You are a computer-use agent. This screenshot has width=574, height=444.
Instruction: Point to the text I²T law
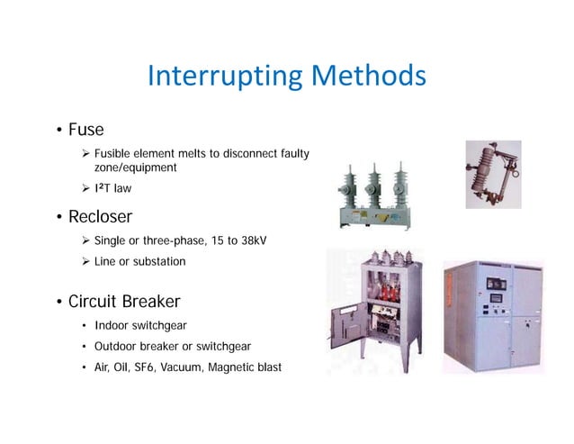113,188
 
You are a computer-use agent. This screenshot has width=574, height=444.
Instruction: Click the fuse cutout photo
492,171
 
